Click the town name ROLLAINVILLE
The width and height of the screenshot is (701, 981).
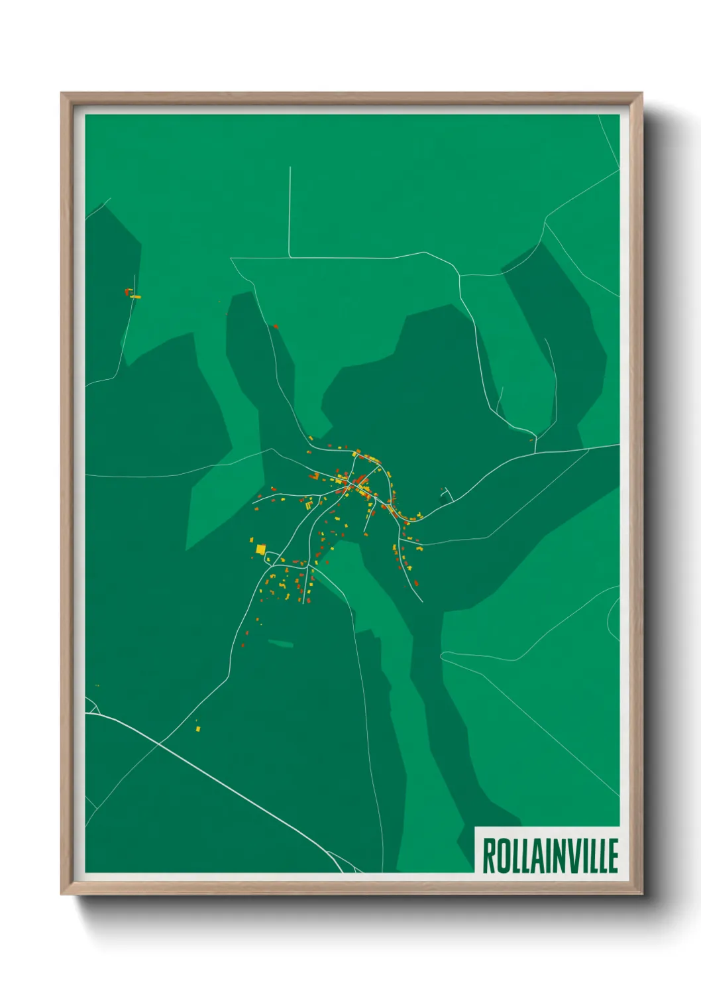pos(549,856)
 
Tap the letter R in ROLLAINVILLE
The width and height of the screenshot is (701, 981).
pos(489,856)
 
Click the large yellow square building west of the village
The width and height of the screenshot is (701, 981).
pos(260,549)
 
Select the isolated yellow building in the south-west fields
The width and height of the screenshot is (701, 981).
pos(197,728)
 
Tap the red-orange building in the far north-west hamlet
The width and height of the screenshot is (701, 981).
pos(127,290)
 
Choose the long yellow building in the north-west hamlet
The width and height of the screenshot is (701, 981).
pos(135,297)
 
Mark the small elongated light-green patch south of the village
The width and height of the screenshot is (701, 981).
pos(280,643)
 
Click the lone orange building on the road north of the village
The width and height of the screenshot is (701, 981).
pos(275,326)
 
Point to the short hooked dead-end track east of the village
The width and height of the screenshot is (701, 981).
pos(447,493)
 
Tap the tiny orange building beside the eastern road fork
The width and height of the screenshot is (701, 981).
pos(531,440)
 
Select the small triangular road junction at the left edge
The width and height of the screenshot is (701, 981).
pos(91,707)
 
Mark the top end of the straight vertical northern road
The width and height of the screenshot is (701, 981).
pos(290,168)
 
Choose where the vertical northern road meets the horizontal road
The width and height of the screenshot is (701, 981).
pos(290,257)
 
